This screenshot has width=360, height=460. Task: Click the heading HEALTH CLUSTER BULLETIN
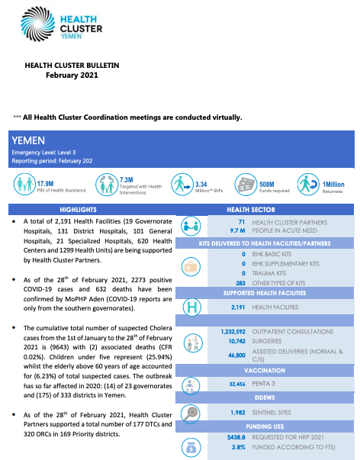[x=72, y=66]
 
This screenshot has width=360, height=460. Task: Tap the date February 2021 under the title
[x=72, y=76]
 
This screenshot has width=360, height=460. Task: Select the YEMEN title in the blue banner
[x=29, y=141]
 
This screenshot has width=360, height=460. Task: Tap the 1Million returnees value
[x=334, y=183]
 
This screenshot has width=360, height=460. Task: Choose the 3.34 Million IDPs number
[x=202, y=183]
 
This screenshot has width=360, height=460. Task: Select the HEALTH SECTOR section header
[x=267, y=208]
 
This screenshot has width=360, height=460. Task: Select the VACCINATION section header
[x=267, y=369]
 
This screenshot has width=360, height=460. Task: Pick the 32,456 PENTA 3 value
[x=233, y=385]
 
